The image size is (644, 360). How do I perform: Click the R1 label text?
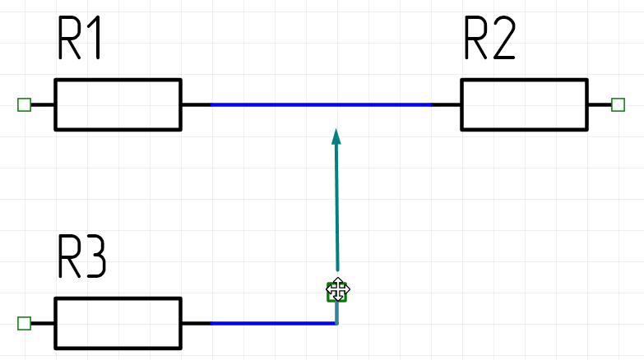[x=80, y=39]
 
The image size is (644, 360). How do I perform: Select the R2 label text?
[x=490, y=39]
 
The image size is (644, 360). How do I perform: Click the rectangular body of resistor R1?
[x=118, y=104]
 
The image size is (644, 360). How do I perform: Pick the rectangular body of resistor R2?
[x=524, y=104]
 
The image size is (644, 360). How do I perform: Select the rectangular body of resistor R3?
[x=118, y=323]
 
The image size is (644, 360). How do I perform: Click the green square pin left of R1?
[x=24, y=104]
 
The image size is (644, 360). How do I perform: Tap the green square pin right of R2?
[x=619, y=104]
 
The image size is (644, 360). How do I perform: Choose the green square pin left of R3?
[x=24, y=323]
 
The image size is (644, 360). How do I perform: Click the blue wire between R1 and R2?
[x=321, y=104]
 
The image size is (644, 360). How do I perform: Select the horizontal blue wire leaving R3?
[x=271, y=323]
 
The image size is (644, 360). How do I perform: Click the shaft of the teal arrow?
[x=336, y=205]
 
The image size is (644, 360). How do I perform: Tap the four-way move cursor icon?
[x=337, y=289]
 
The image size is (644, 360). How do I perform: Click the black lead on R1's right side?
[x=196, y=104]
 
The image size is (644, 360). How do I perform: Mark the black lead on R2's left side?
[x=447, y=104]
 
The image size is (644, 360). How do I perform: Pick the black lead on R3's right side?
[x=196, y=323]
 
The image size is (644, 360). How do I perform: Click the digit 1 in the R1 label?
[x=94, y=39]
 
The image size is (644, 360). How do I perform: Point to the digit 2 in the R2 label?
[x=503, y=39]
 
